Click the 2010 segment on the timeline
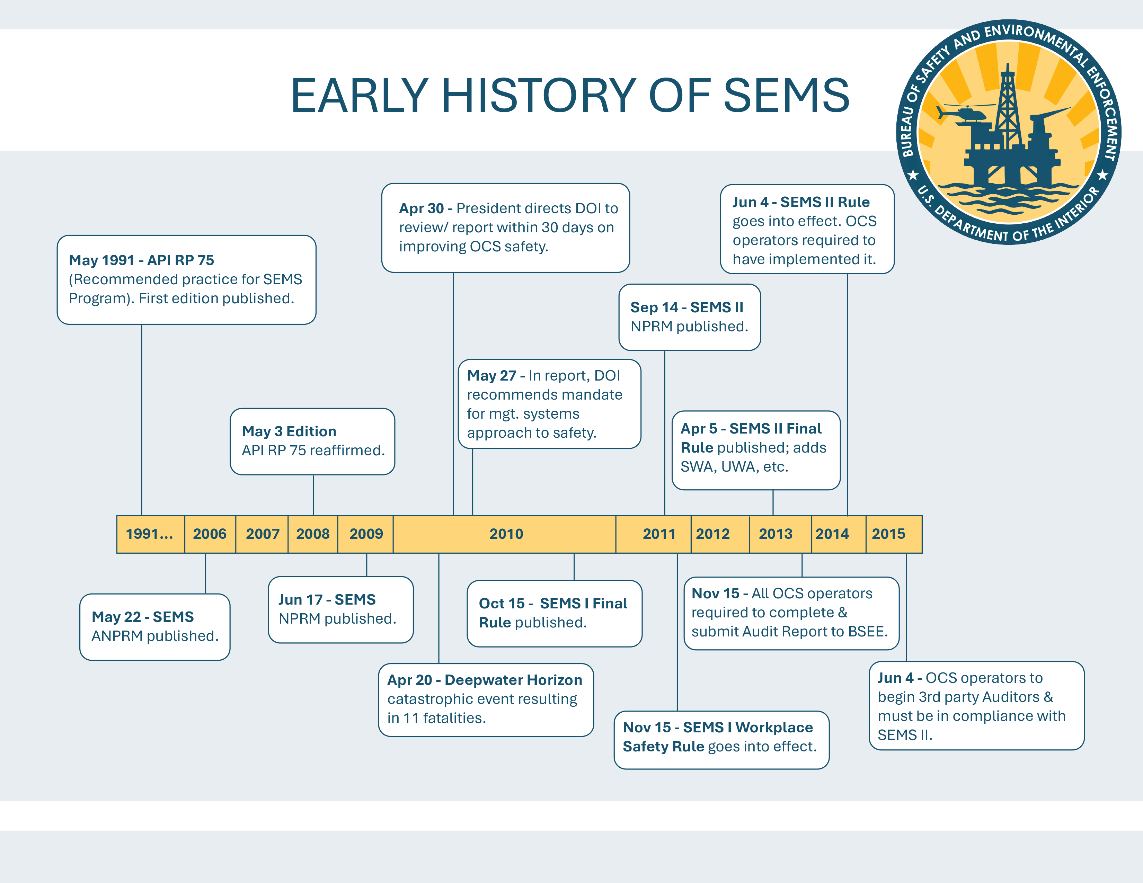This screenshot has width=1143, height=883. pyautogui.click(x=506, y=534)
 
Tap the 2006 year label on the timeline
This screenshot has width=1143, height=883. pyautogui.click(x=209, y=534)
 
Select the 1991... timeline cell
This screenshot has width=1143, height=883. pyautogui.click(x=150, y=534)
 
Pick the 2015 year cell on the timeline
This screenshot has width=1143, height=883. pyautogui.click(x=888, y=534)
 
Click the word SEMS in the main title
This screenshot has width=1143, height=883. pyautogui.click(x=786, y=95)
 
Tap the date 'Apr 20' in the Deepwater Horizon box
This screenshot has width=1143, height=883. pyautogui.click(x=409, y=680)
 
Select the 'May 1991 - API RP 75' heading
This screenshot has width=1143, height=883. pyautogui.click(x=141, y=260)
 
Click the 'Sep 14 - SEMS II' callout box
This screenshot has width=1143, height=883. pyautogui.click(x=689, y=317)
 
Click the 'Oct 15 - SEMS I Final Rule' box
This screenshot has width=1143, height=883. pyautogui.click(x=554, y=613)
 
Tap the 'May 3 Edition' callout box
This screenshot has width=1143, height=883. pyautogui.click(x=312, y=441)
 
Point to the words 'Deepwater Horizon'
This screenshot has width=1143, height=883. pyautogui.click(x=513, y=680)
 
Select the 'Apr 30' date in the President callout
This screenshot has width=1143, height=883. pyautogui.click(x=421, y=208)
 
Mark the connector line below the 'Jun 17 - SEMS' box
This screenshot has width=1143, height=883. pyautogui.click(x=366, y=565)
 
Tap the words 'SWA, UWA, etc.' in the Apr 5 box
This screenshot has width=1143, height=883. pyautogui.click(x=734, y=467)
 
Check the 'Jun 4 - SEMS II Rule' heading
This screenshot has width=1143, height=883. pyautogui.click(x=801, y=202)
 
